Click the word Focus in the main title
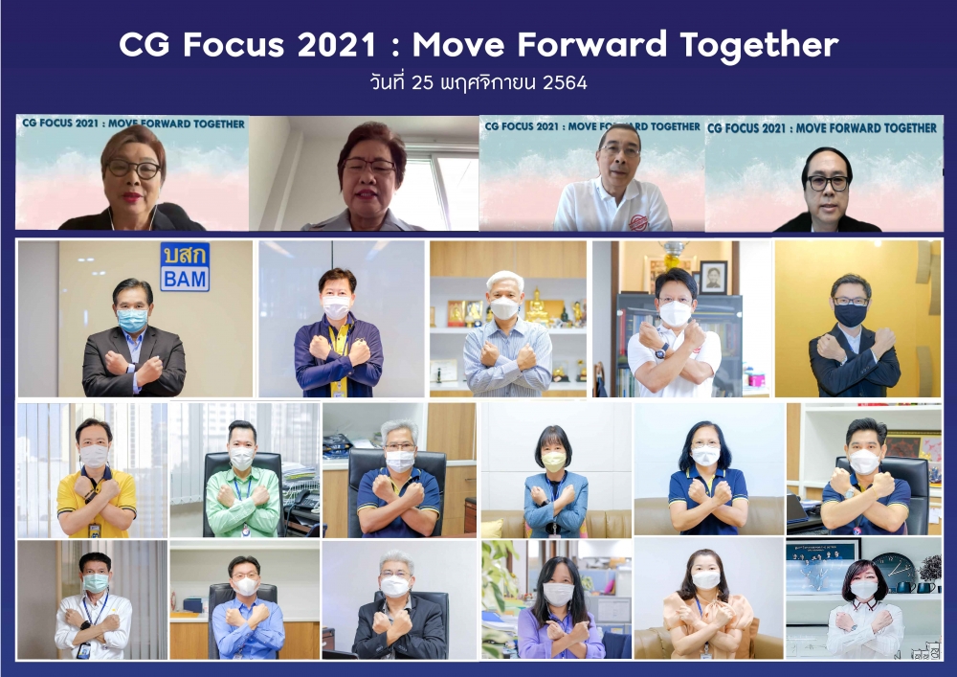pos(234,45)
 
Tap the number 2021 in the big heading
pos(337,45)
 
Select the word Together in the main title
pos(759,46)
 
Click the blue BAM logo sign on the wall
pos(185,267)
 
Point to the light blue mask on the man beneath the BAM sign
pos(132,320)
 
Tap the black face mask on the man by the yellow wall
pos(850,314)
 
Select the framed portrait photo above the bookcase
pos(713,277)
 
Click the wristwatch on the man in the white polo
pos(661,351)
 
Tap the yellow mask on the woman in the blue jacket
pos(553,461)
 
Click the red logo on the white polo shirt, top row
pos(637,221)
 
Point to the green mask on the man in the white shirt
pos(95,582)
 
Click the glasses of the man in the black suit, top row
pos(828,183)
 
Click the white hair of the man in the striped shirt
pos(504,280)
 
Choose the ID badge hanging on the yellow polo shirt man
pos(94,530)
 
